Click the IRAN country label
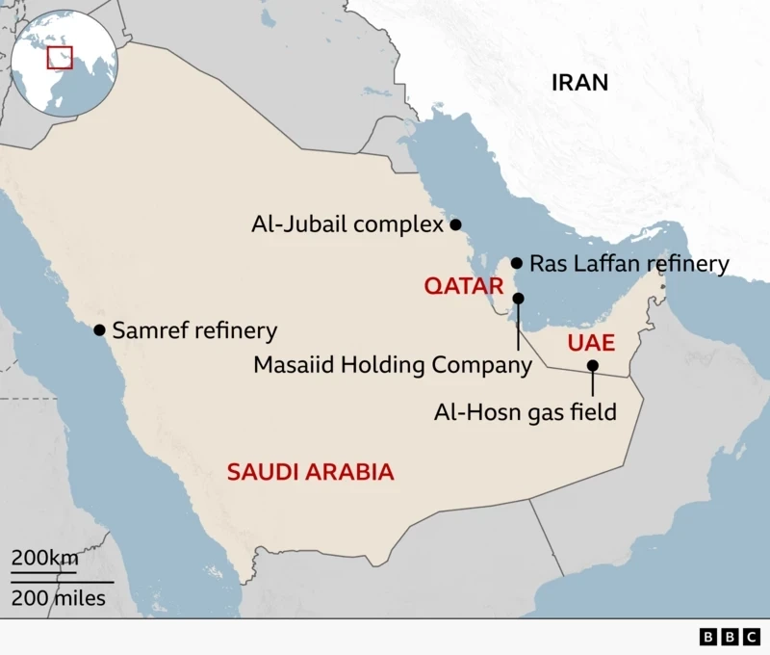tap(579, 82)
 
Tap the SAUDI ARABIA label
tap(310, 472)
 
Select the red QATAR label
tap(464, 286)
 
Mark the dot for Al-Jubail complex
tap(455, 224)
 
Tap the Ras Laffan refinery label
tap(629, 263)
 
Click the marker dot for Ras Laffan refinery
tap(517, 262)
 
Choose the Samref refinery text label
tap(194, 331)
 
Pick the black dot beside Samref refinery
tap(99, 329)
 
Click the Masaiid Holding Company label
tap(392, 365)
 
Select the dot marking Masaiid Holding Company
tap(519, 299)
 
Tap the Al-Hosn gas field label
tap(525, 412)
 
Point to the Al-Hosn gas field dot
tap(593, 366)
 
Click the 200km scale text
tap(44, 558)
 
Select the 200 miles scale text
tap(59, 598)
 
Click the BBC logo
tap(730, 637)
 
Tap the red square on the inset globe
tap(61, 57)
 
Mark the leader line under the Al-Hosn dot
tap(593, 383)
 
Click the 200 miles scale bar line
tap(63, 582)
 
